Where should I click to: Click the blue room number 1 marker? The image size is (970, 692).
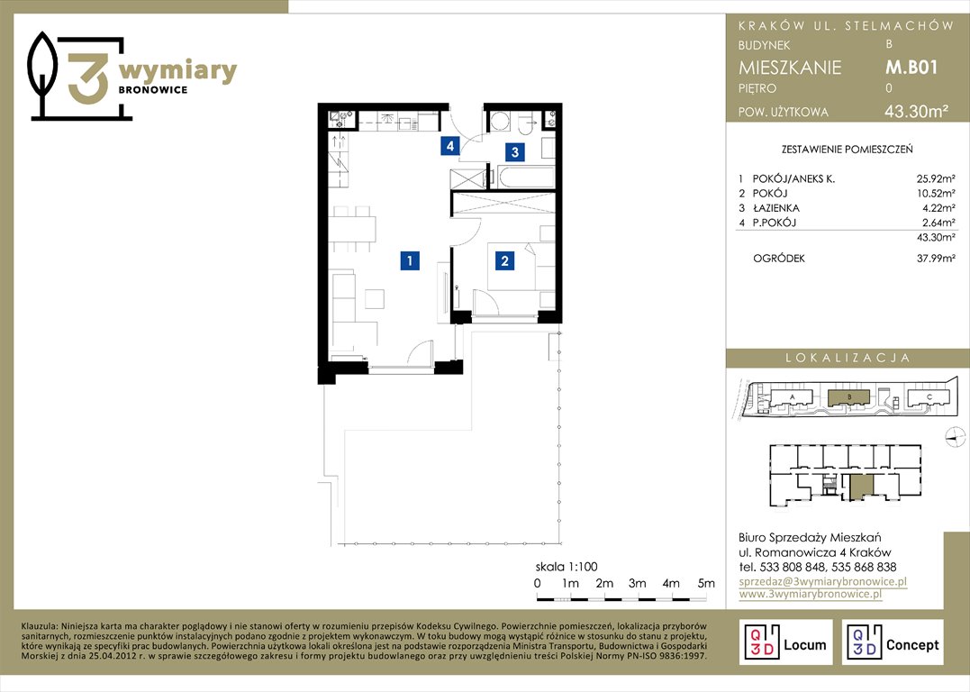(410, 260)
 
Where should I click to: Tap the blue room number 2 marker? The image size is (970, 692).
(504, 260)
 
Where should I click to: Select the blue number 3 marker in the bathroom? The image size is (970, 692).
(514, 151)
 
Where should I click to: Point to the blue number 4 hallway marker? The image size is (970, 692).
(450, 146)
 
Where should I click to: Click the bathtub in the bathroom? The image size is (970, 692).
(525, 177)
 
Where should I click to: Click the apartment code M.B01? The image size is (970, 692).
(911, 67)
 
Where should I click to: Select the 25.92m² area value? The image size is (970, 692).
(936, 179)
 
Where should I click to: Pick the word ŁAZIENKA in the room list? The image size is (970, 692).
(775, 208)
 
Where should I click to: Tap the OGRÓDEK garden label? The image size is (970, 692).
(779, 259)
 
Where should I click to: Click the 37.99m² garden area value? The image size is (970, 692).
(936, 259)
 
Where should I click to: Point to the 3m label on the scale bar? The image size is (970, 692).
(637, 583)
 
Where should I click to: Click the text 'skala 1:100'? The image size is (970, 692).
(567, 567)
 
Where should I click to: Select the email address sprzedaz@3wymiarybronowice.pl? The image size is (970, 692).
(823, 581)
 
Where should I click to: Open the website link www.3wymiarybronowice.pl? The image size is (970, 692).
(810, 594)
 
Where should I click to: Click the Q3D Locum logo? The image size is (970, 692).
(785, 642)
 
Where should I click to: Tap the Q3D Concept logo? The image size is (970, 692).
(893, 642)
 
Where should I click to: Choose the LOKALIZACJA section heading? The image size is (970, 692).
(848, 358)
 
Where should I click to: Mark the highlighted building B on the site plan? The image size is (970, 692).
(848, 396)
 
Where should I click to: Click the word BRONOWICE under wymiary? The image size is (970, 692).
(153, 90)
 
